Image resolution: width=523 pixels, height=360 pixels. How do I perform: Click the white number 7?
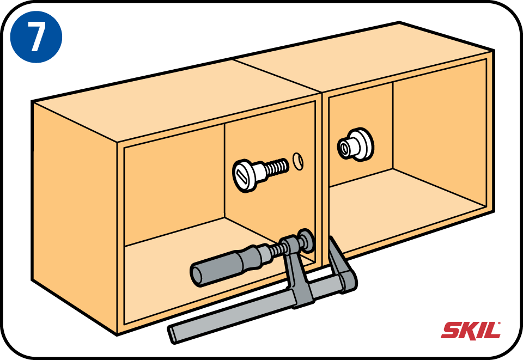pos(36,36)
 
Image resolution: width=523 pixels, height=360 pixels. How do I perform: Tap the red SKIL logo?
pos(471,331)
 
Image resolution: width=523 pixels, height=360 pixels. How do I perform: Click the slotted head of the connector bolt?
pos(243,176)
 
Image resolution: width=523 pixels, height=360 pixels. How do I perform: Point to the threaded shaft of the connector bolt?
pos(277,167)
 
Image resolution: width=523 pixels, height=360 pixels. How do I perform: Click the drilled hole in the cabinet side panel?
pos(298,161)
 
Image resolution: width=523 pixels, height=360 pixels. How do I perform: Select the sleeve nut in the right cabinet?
pos(355,145)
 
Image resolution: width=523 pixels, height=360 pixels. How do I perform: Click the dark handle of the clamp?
pos(227,265)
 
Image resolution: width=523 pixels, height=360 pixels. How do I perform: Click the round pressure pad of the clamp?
pos(306,240)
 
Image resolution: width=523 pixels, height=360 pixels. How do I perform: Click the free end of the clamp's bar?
pos(172,334)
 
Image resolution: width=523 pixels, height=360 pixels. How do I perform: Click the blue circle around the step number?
pos(36,36)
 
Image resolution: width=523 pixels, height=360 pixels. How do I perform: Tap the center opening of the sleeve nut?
pos(344,148)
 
